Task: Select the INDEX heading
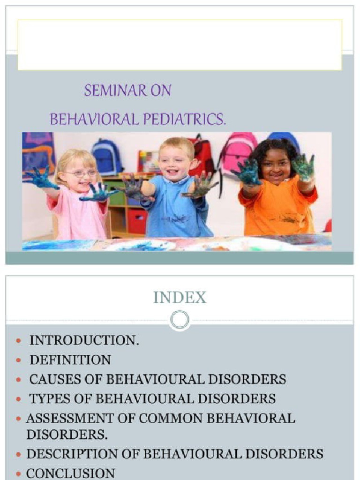tap(180, 298)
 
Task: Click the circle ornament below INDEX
tap(180, 320)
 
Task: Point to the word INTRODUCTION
tap(84, 340)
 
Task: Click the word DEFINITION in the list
tap(70, 360)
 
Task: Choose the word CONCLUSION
tap(70, 473)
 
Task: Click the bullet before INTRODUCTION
tap(18, 341)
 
